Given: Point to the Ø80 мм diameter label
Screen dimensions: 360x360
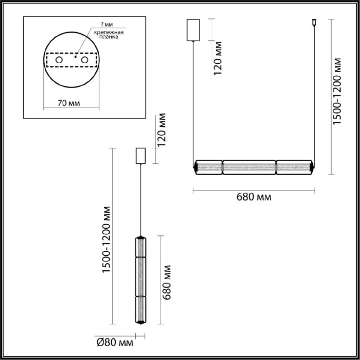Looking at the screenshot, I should (x=115, y=343).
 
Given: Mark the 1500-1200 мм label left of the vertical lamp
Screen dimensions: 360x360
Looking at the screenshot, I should (x=107, y=240).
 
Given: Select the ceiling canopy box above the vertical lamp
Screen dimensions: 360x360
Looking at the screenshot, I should (x=141, y=156).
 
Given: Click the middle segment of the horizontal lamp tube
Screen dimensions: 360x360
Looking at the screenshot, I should (x=249, y=166).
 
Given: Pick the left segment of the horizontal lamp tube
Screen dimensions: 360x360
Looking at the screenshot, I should (x=209, y=166).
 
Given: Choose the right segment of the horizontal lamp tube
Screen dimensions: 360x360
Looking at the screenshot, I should (x=292, y=166).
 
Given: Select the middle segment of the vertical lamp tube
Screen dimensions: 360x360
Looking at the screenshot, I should (x=141, y=277).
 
